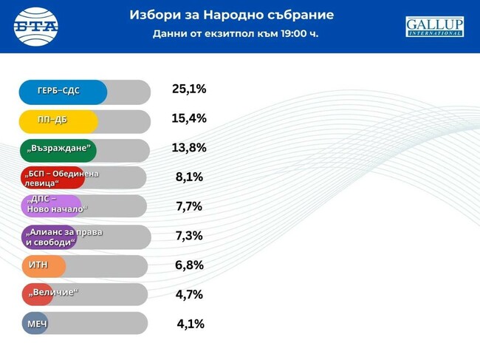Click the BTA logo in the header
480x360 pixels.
point(36,25)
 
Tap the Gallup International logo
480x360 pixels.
point(434,27)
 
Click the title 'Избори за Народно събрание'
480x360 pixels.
point(231,15)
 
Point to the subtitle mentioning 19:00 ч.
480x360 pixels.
point(236,34)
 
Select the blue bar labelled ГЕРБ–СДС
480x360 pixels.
point(63,92)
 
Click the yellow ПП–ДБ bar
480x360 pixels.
point(58,120)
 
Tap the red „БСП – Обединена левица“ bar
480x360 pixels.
point(52,178)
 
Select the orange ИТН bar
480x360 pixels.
point(43,265)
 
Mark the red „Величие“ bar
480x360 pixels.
point(38,294)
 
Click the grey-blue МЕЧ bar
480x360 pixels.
point(34,323)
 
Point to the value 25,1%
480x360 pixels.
point(189,89)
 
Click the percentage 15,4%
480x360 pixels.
point(189,118)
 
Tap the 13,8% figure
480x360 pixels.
point(189,148)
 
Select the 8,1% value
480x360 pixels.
point(189,177)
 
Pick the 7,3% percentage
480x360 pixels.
point(189,236)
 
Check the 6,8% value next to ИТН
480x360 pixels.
point(189,265)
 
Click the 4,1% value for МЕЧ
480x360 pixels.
point(191,324)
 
